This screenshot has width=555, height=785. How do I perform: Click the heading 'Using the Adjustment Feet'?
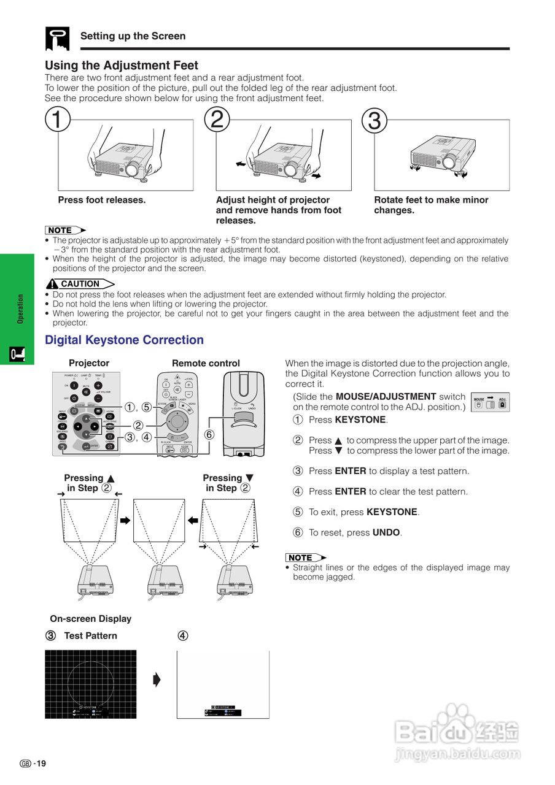[122, 65]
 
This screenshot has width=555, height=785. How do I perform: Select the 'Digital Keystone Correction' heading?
[124, 340]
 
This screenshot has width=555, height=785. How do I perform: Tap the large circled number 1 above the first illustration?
[57, 120]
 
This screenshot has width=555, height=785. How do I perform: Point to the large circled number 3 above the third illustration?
[374, 121]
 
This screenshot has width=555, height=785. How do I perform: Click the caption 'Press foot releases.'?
[101, 200]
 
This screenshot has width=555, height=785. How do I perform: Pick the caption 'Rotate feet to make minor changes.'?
[431, 205]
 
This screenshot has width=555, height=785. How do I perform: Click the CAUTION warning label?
[80, 284]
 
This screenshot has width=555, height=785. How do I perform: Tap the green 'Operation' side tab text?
[20, 309]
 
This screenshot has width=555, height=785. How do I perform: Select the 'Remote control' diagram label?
[206, 363]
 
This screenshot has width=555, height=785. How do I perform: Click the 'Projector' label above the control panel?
[89, 363]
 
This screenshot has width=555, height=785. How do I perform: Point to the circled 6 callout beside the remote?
[209, 434]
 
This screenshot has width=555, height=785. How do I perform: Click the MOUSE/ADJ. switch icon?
[490, 402]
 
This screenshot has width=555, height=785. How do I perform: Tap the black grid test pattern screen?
[91, 684]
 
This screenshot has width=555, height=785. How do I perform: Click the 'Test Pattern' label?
[90, 635]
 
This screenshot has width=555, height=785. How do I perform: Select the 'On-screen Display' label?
[90, 619]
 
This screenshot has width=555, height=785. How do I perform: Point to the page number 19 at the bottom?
[41, 764]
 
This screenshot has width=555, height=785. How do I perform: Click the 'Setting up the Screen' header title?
[133, 36]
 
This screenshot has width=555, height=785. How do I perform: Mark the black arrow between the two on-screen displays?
[157, 680]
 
